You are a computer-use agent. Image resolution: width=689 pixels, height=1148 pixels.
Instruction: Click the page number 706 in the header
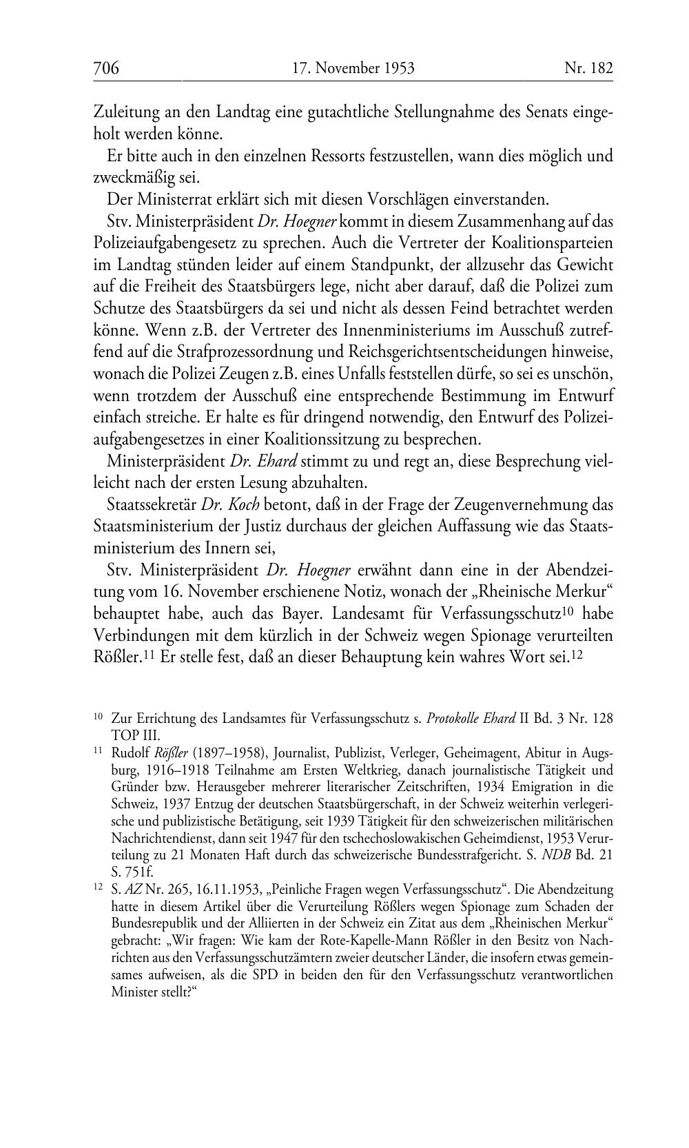pyautogui.click(x=106, y=68)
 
